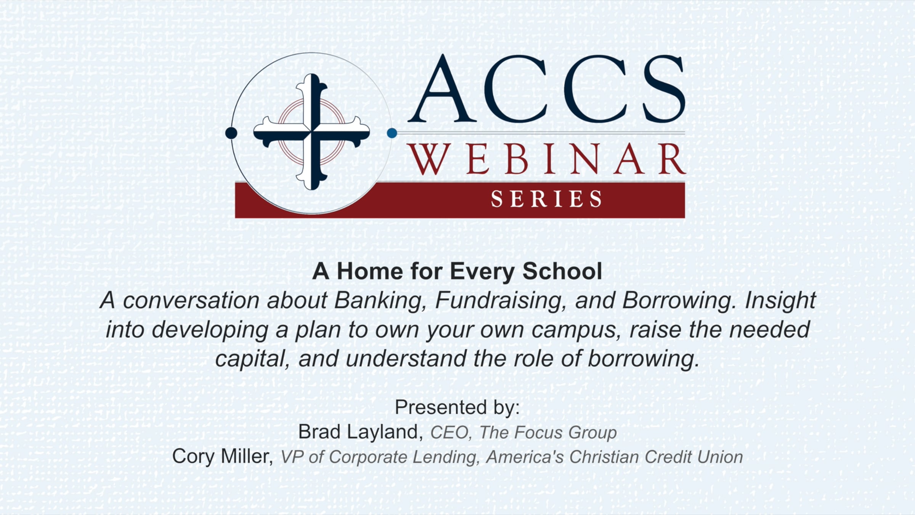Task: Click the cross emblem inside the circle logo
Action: click(311, 132)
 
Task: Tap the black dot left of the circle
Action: click(231, 133)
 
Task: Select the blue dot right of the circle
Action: click(392, 133)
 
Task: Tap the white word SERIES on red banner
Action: click(546, 199)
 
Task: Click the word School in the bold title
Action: click(562, 271)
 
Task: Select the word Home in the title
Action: click(370, 271)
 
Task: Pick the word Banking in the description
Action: click(380, 301)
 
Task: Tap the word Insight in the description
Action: click(780, 301)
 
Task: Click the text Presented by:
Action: click(457, 407)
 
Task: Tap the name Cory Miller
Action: click(223, 456)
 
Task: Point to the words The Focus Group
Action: click(548, 433)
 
